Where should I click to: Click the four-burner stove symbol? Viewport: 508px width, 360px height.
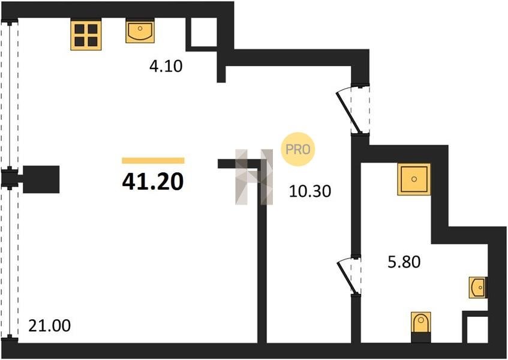86,35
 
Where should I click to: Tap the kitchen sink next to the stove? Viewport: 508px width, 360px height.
140,31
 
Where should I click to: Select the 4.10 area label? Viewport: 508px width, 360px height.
166,66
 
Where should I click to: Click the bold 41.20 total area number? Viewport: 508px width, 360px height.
153,181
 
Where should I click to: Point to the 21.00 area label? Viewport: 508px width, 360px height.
50,325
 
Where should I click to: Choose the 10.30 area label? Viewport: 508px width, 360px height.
310,191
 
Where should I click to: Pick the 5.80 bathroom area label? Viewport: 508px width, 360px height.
404,262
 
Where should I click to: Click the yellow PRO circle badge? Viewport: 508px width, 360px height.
298,149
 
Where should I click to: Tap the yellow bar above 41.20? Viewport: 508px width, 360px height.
154,161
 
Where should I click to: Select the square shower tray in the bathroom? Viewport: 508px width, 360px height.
414,179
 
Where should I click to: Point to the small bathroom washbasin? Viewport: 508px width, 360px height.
477,287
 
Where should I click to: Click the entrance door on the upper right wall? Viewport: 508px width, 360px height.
353,109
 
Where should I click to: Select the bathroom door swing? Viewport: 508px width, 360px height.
349,276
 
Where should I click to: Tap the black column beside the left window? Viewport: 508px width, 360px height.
41,179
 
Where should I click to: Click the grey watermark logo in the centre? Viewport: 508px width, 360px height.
254,177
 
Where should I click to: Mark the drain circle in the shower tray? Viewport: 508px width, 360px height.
414,179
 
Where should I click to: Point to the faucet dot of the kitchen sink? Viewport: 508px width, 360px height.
140,29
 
